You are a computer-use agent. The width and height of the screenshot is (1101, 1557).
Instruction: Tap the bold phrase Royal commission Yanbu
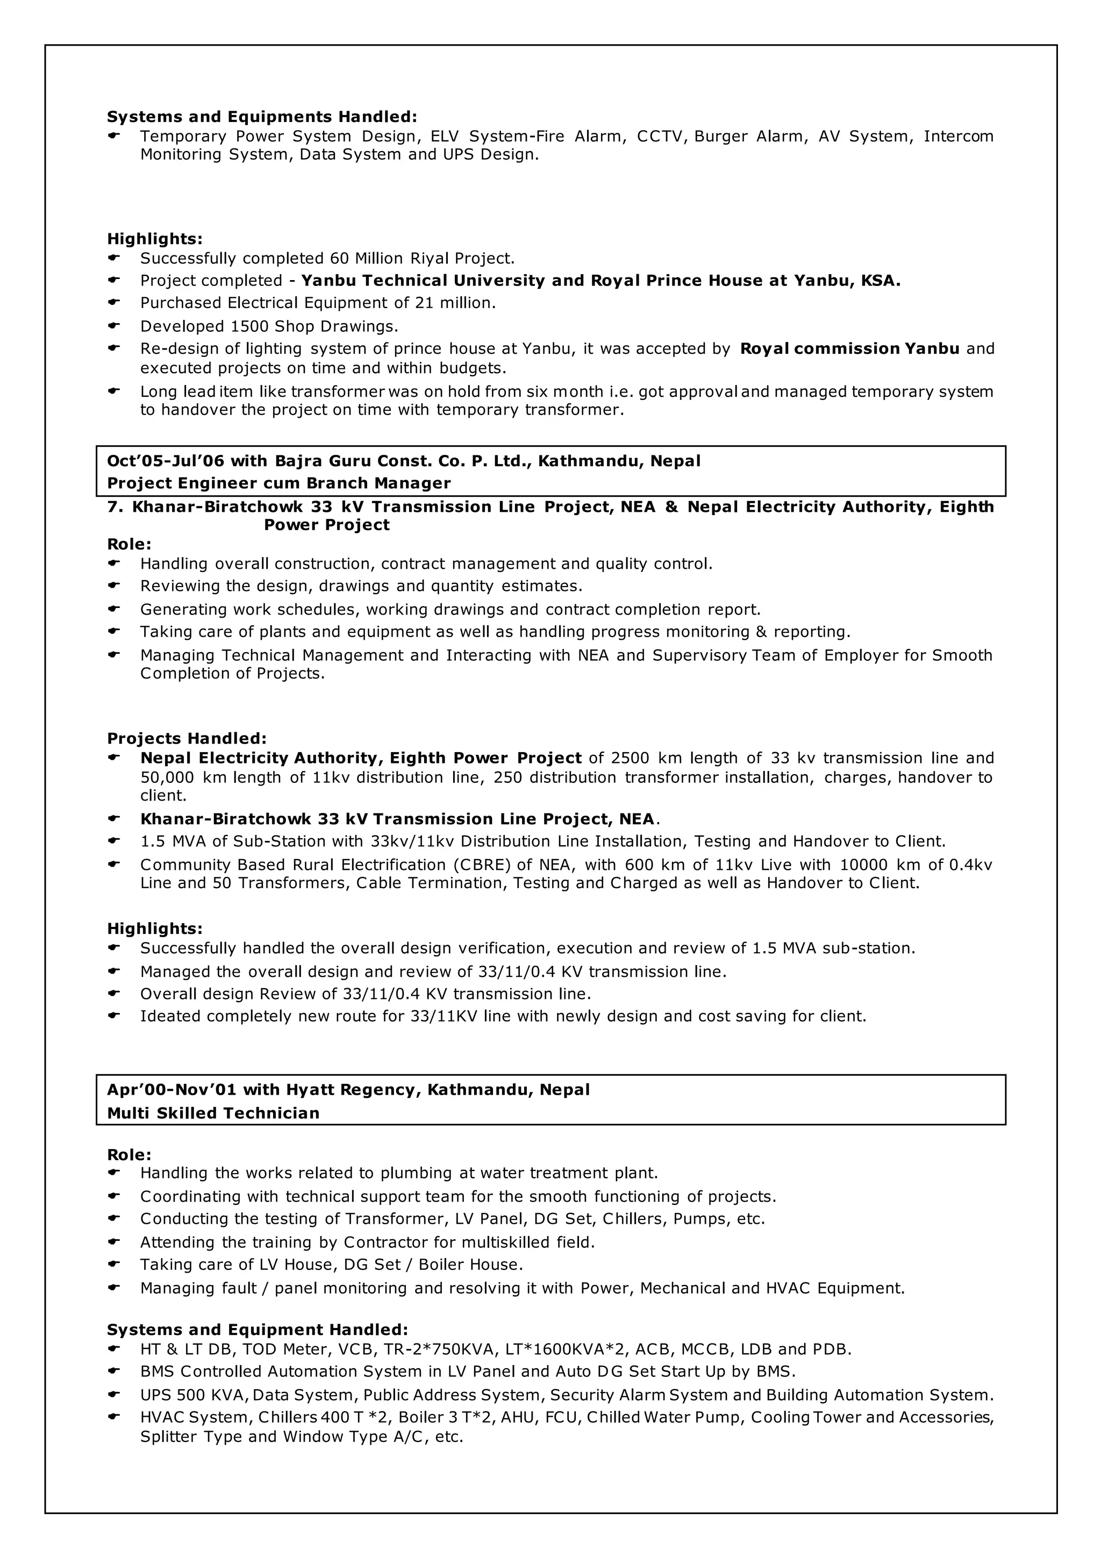[849, 348]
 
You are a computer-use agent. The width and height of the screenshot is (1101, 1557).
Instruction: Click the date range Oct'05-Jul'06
[165, 461]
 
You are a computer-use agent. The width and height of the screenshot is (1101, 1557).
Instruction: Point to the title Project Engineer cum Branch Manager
[278, 483]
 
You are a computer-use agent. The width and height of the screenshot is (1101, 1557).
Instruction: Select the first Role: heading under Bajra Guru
[130, 544]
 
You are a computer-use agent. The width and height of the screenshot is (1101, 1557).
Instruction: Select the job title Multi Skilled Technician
[213, 1113]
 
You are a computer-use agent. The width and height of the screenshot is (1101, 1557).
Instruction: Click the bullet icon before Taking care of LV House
[114, 1264]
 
